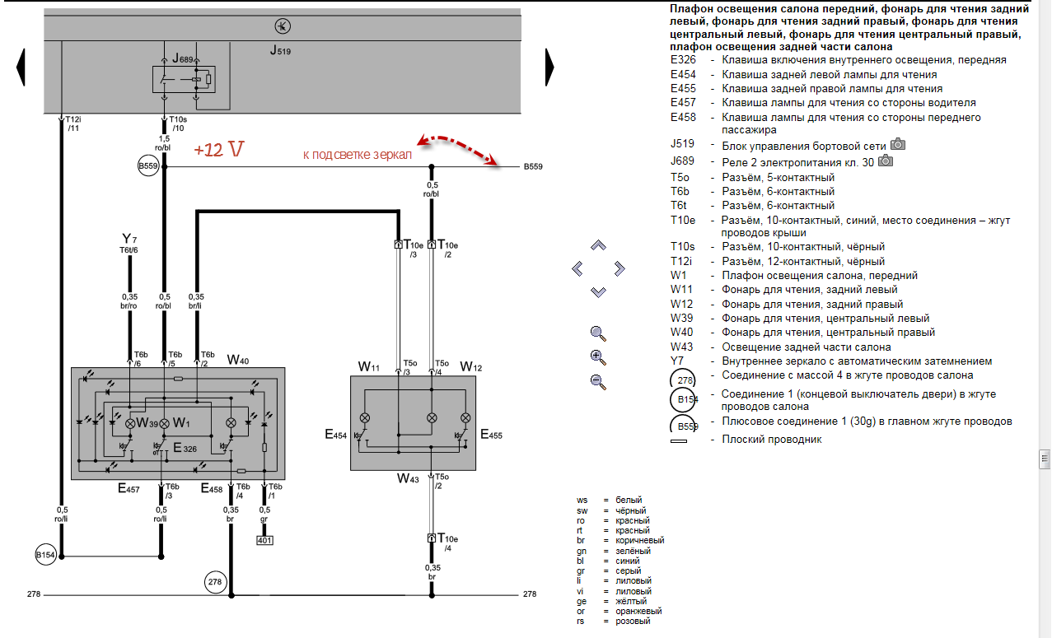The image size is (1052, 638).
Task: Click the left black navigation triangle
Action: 21,66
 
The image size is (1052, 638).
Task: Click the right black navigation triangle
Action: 549,66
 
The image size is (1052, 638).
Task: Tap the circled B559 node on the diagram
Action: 148,167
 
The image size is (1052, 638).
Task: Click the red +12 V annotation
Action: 219,151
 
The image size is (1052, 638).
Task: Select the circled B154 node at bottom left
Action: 45,555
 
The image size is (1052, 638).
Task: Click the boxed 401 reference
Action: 264,540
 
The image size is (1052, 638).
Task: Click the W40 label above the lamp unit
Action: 238,360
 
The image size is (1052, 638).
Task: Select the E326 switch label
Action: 185,448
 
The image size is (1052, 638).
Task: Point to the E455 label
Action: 492,435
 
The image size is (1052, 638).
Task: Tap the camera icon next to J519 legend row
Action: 898,145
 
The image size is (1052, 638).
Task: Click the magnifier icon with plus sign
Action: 598,357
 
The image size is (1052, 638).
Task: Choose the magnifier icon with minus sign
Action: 598,381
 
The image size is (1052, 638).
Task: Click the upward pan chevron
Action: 599,245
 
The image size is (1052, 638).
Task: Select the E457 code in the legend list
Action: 683,103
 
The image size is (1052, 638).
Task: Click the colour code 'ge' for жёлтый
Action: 582,601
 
